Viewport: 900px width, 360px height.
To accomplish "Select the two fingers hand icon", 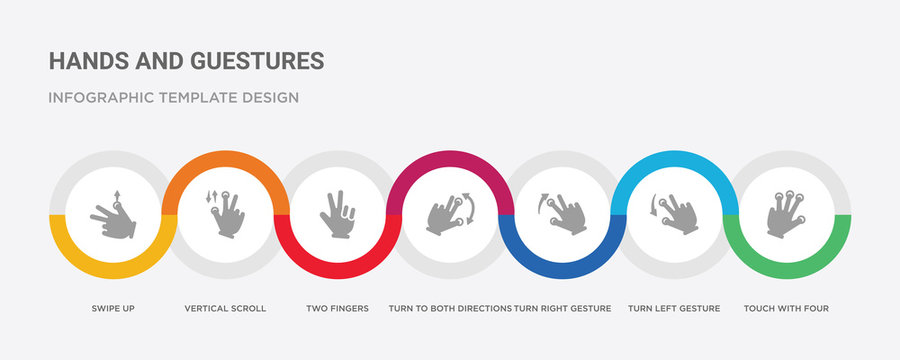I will coord(337,213).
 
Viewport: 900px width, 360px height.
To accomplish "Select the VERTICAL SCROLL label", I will coord(225,308).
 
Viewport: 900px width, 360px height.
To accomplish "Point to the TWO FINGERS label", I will coord(337,308).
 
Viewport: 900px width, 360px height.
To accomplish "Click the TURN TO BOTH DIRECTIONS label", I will coord(450,308).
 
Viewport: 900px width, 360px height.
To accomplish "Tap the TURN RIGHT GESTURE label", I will coord(563,308).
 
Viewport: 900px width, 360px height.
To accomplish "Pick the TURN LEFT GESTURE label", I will coord(674,308).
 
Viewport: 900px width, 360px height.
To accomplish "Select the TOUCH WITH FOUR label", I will coord(786,308).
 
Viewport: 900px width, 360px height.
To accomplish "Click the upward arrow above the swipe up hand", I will coord(116,196).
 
